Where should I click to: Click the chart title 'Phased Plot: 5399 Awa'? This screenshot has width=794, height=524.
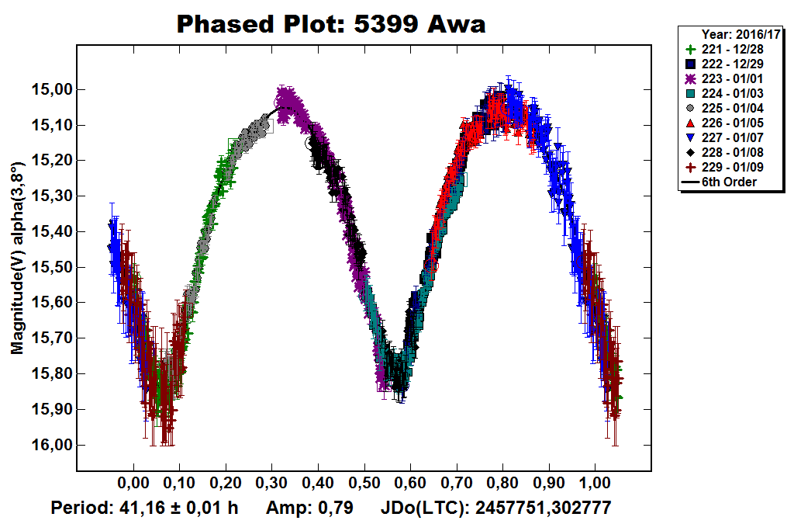pos(331,24)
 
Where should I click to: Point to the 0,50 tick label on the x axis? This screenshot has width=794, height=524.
pos(364,484)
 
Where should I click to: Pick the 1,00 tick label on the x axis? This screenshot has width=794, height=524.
pos(595,484)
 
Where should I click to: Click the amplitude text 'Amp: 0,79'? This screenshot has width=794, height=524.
pos(309,509)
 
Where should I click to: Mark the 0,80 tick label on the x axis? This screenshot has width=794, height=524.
pos(502,484)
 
